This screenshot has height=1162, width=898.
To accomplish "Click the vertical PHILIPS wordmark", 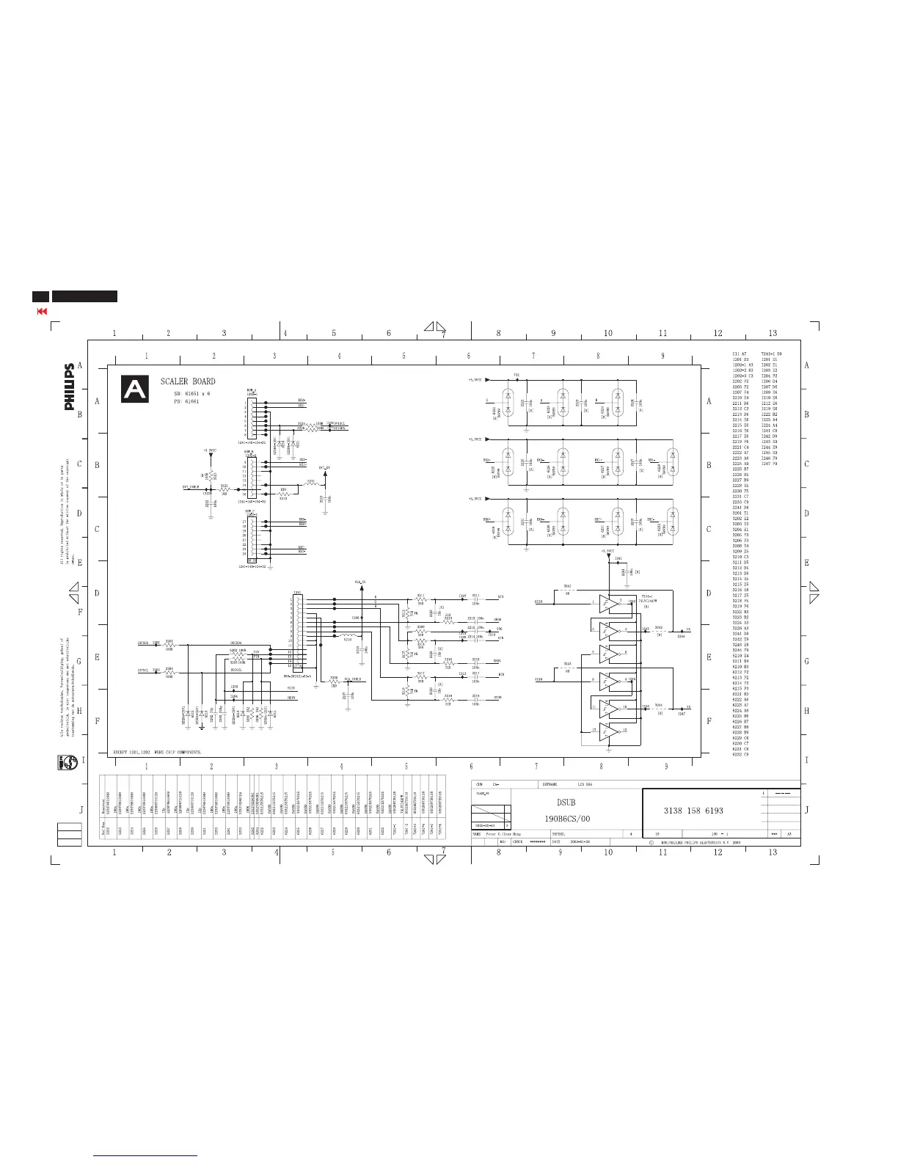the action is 69,387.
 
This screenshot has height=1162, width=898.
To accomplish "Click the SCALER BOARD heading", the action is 188,381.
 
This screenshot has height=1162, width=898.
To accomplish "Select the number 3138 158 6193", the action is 693,811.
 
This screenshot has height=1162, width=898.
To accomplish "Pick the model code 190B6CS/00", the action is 567,818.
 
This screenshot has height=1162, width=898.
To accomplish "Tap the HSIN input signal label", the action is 539,602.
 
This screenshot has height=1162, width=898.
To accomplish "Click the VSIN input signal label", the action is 539,680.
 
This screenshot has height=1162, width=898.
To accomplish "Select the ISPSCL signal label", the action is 143,670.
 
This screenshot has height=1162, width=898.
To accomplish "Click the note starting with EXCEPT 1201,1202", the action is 157,753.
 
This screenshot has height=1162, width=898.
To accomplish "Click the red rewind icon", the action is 42,311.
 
